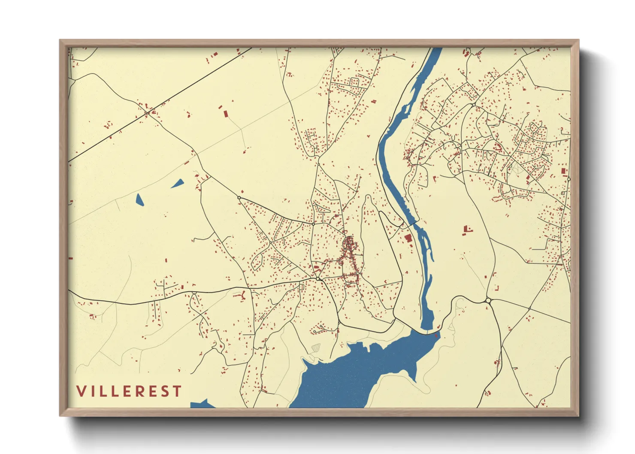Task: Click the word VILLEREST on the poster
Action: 129,391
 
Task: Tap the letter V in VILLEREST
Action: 81,391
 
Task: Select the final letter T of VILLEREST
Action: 178,391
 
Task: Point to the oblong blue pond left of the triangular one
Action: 139,200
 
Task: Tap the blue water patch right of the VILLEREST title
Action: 202,404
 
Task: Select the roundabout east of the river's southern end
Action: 488,300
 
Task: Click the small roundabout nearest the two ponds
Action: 239,197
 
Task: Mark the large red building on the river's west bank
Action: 408,238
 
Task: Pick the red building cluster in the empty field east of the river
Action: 466,230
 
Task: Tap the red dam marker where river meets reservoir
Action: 437,335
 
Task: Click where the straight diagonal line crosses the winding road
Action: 147,113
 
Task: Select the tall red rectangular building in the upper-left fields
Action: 226,114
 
